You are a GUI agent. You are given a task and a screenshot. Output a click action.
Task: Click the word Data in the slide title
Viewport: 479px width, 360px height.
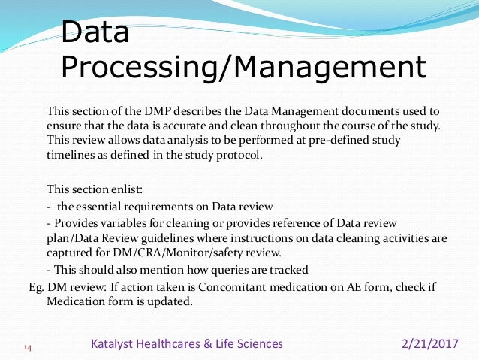[x=95, y=32]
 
